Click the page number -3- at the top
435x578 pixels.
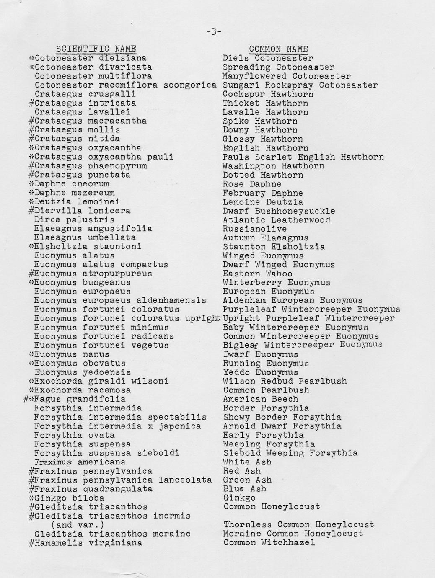(x=214, y=32)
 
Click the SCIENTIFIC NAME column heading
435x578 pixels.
(x=96, y=49)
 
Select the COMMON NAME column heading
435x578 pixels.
(x=278, y=49)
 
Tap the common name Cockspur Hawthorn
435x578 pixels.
(x=268, y=94)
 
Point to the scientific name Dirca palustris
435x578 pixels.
(x=74, y=220)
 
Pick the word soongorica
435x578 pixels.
(x=190, y=85)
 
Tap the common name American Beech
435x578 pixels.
(x=261, y=399)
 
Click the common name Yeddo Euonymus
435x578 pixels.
(x=260, y=372)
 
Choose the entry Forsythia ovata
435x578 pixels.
(x=74, y=435)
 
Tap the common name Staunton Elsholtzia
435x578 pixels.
(x=274, y=247)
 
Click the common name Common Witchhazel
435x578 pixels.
(x=269, y=543)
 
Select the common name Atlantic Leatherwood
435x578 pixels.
(x=276, y=220)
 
